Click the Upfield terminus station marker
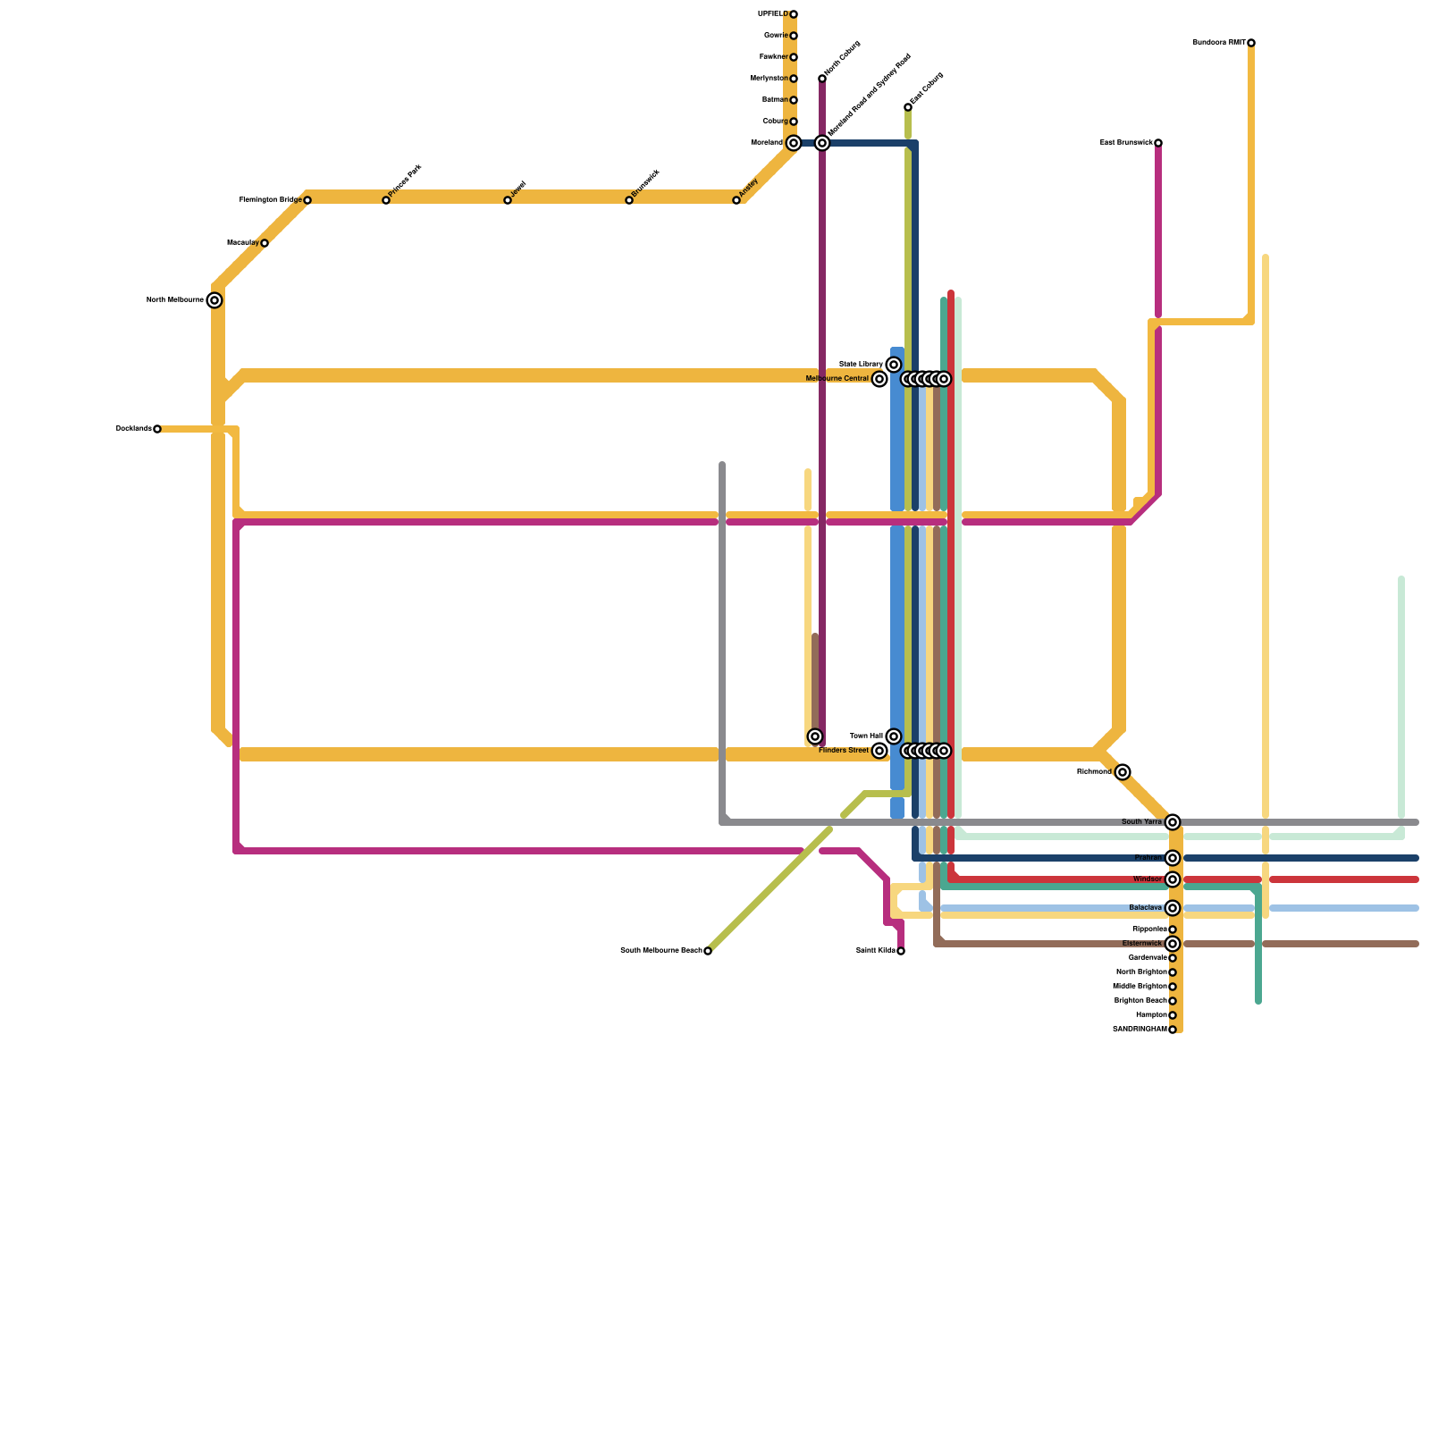pos(794,14)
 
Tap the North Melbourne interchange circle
pos(214,300)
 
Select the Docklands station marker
pos(157,429)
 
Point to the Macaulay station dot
pos(265,243)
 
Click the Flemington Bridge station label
pos(270,200)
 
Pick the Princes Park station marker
pos(386,200)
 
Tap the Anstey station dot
pos(736,200)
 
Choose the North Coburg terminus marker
pos(822,79)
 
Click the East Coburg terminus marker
pos(908,107)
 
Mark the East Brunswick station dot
pos(1158,143)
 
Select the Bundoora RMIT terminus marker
pos(1251,43)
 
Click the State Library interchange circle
pos(894,365)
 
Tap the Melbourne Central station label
pos(837,379)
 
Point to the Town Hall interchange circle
pos(894,736)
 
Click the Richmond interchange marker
pos(1123,772)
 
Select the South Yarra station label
pos(1141,822)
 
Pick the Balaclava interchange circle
pos(1173,908)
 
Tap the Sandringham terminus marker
pos(1173,1030)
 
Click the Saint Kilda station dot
pos(901,951)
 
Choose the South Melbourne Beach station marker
pos(708,951)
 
